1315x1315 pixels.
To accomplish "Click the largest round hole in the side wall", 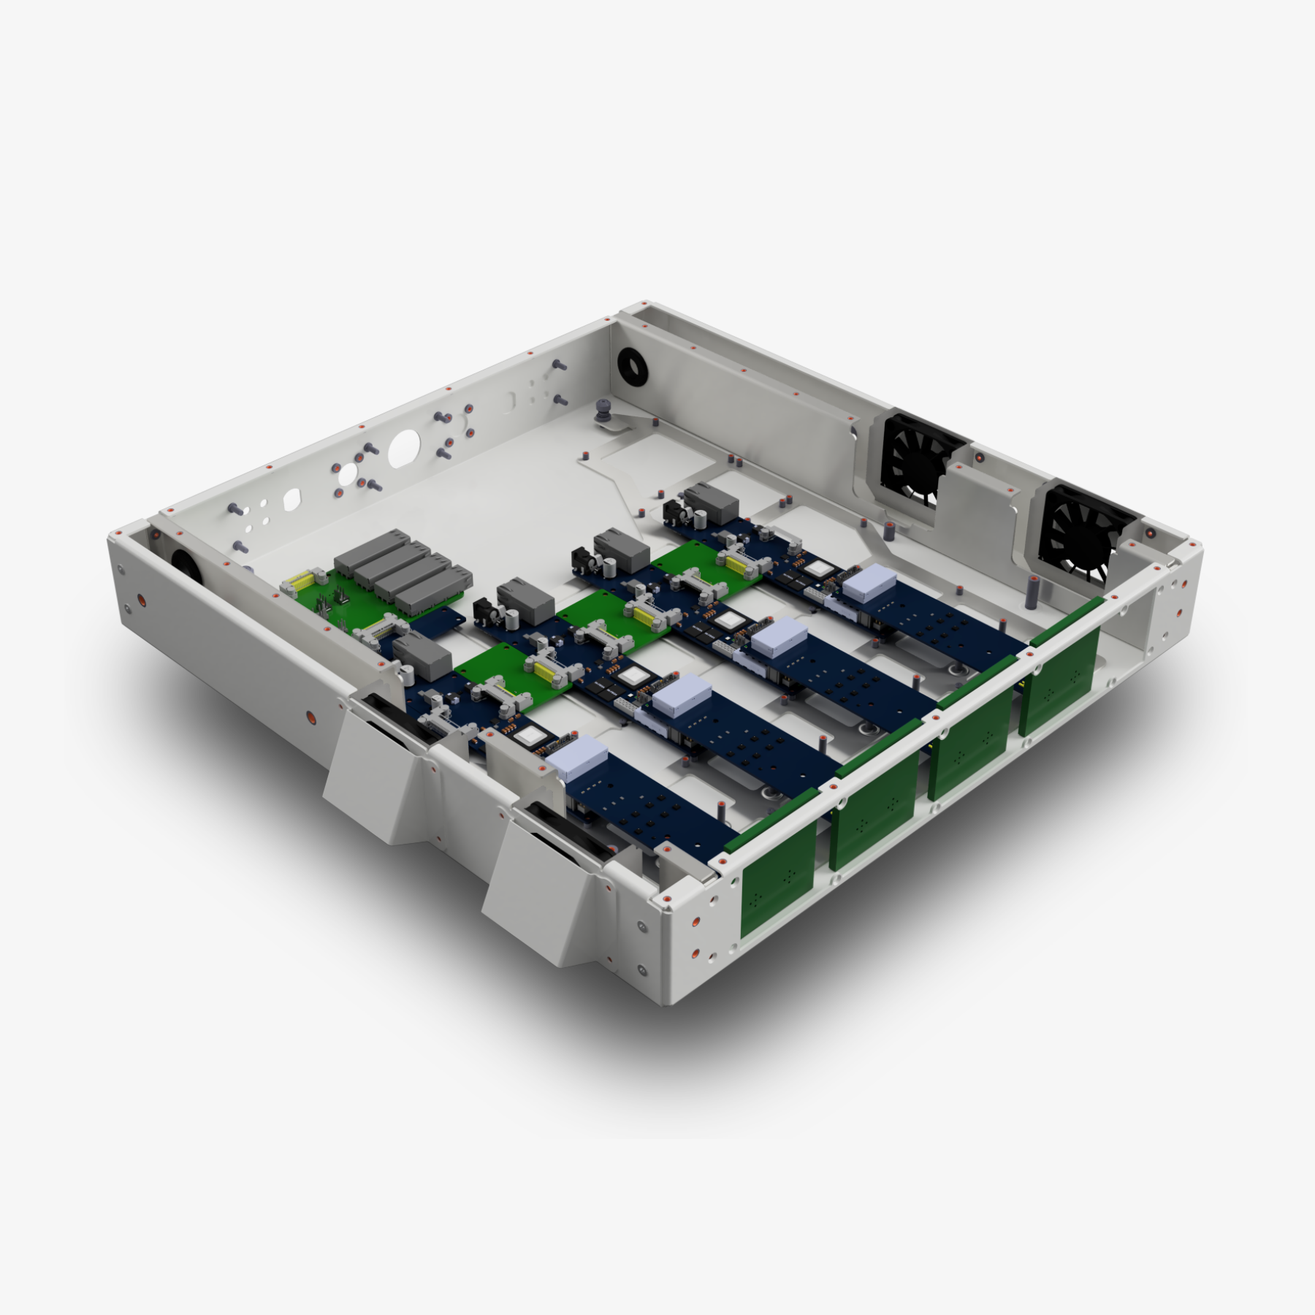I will click(404, 448).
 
